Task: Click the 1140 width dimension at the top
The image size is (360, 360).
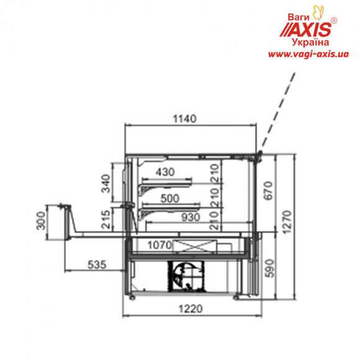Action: (x=184, y=119)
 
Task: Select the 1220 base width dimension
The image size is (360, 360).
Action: (x=191, y=309)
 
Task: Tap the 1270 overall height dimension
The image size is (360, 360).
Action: (x=287, y=222)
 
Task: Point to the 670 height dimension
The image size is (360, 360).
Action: (x=268, y=191)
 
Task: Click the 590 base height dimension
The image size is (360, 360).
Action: (x=270, y=268)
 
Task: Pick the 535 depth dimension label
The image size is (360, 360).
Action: (x=97, y=264)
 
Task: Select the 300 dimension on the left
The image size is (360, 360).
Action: (x=41, y=221)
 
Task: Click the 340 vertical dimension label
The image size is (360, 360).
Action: (x=106, y=184)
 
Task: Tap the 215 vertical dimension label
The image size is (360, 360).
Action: (x=106, y=220)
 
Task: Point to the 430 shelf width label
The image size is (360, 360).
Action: (x=165, y=172)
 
